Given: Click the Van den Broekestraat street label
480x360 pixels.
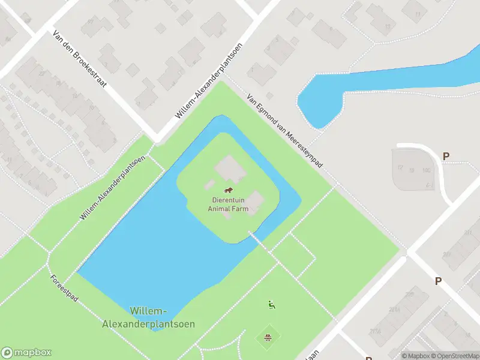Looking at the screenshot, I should [79, 59].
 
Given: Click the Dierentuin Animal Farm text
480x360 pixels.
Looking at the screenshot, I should [228, 205].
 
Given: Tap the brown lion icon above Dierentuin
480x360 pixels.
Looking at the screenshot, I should [228, 191].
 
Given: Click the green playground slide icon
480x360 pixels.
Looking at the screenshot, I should [271, 304].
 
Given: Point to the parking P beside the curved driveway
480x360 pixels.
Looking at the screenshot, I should [446, 157].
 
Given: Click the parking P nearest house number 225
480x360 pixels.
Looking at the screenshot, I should [438, 281].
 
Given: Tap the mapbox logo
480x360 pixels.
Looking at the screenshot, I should [26, 353].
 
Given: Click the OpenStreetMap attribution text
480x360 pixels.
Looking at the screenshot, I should [455, 356].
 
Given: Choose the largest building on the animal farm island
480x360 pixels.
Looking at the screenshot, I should [229, 169].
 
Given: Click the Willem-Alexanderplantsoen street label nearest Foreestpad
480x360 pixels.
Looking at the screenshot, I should [112, 187].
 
